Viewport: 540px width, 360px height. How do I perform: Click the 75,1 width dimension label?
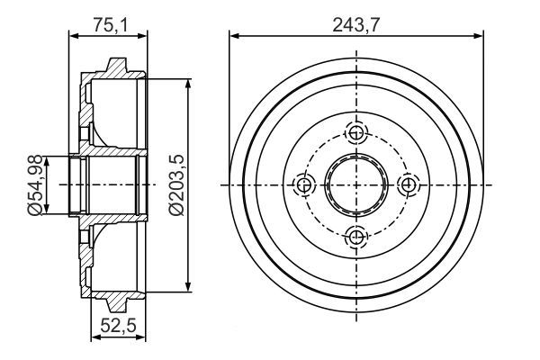tap(110, 25)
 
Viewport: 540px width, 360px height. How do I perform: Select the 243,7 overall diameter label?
tap(356, 25)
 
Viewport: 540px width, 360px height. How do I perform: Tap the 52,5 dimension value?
tap(119, 325)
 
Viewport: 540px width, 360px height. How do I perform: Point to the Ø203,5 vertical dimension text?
tap(176, 184)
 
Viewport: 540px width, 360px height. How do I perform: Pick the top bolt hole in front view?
tap(356, 132)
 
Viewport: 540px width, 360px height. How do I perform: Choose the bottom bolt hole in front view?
tap(356, 237)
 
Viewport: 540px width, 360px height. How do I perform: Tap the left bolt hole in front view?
tap(304, 184)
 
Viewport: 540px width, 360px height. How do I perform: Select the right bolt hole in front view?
tap(409, 184)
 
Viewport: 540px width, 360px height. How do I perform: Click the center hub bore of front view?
tap(356, 184)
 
